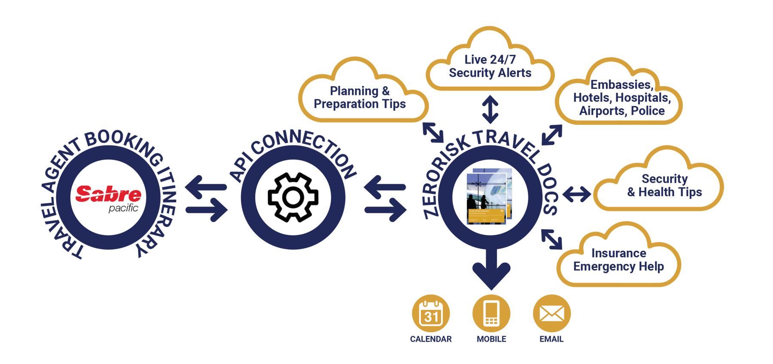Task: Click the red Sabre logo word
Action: pos(108,194)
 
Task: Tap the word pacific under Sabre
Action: pos(123,209)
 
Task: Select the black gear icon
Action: pos(293,197)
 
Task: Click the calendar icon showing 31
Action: pos(431,313)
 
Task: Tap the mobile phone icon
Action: pos(491,313)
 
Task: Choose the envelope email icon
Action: pos(552,313)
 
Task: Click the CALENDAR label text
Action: pos(431,339)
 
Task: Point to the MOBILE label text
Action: pos(491,339)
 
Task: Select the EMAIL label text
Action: pos(552,339)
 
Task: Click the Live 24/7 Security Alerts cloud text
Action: pos(490,67)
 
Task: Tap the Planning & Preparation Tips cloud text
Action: pos(360,97)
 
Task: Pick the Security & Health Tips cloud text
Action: pos(664,185)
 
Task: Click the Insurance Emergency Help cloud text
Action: pos(618,260)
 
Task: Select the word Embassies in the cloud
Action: pos(621,85)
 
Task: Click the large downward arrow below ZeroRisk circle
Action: pos(491,270)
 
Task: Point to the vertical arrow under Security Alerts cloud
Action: pos(490,109)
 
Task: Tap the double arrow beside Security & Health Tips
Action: pos(577,194)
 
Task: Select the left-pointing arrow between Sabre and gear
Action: pos(206,187)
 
